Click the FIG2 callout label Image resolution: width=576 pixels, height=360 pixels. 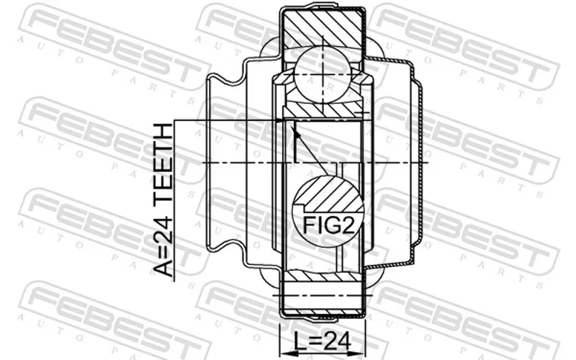(328, 225)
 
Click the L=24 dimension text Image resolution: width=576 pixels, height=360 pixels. (323, 341)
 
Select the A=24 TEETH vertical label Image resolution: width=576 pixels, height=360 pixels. (163, 200)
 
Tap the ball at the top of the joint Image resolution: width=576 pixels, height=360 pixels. (323, 75)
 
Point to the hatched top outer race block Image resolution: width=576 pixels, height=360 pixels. (323, 28)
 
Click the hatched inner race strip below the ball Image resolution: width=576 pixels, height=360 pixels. (323, 109)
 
